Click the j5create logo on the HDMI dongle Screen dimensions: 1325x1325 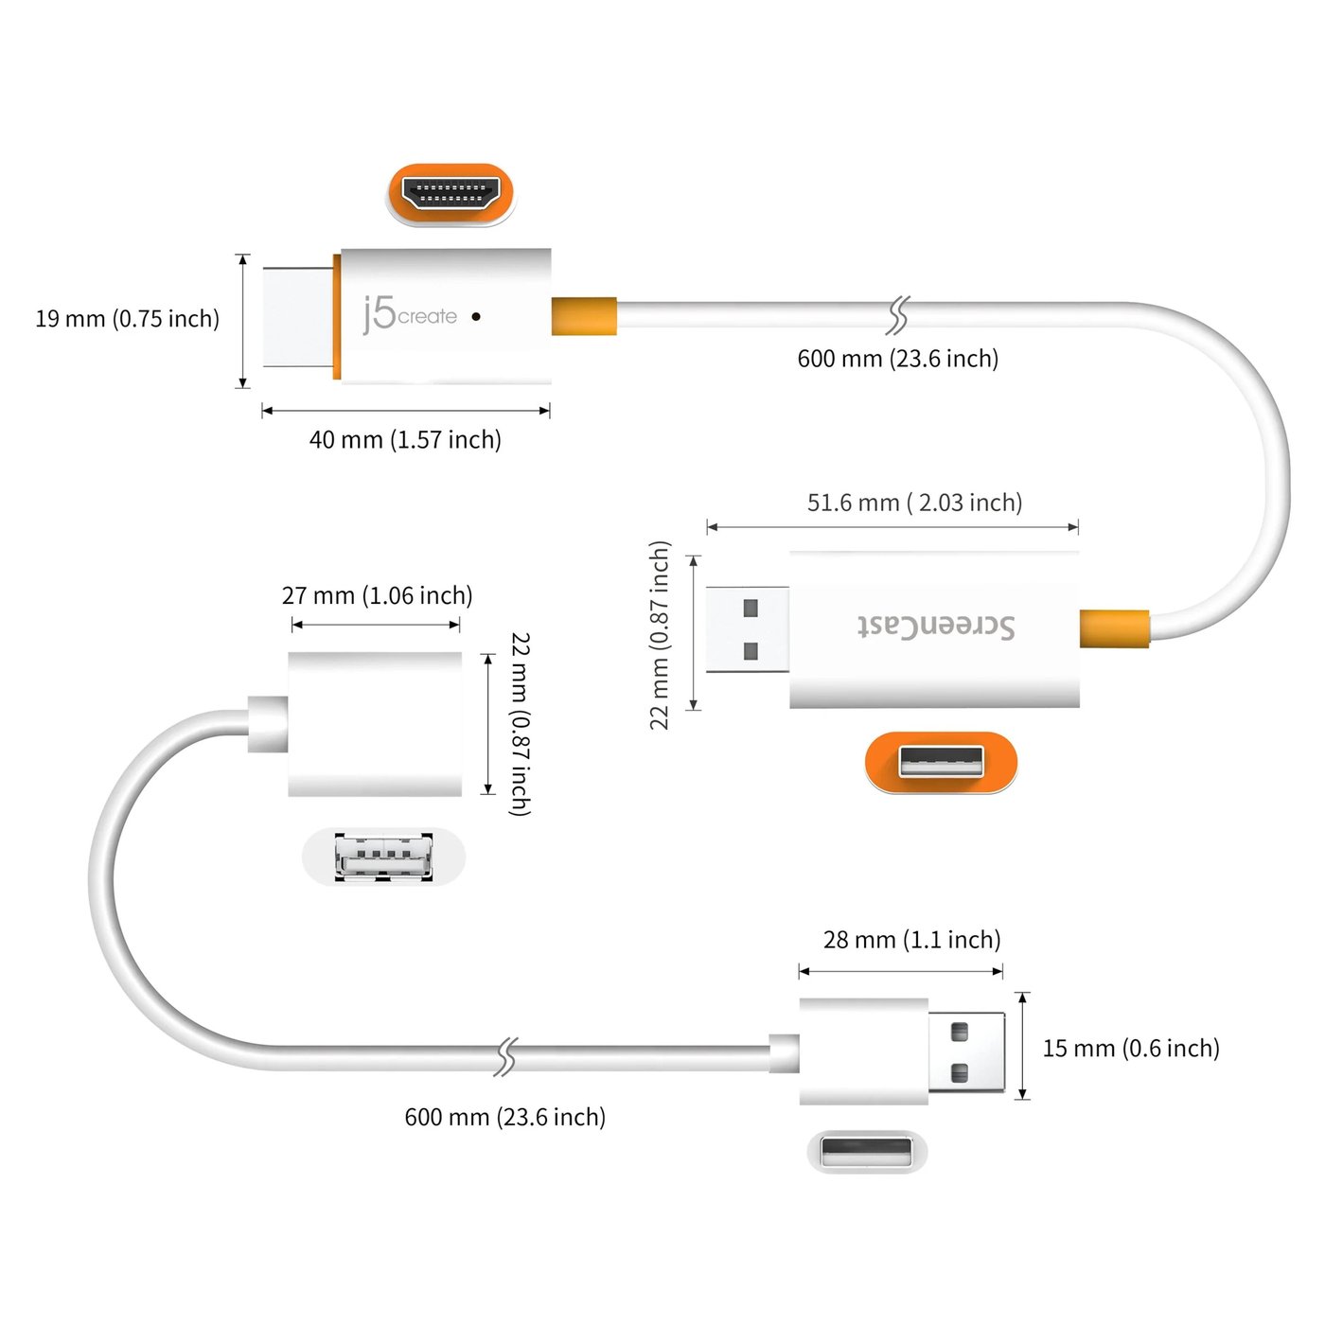click(x=410, y=315)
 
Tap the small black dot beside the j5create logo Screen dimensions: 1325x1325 click(x=476, y=316)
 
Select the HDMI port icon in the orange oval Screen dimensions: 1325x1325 click(x=451, y=194)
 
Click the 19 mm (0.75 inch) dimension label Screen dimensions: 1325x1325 click(x=127, y=319)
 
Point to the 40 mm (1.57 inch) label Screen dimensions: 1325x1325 click(x=405, y=440)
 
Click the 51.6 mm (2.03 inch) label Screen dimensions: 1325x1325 click(x=914, y=503)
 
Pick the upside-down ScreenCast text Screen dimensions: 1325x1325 click(x=935, y=627)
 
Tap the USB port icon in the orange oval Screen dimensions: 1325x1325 click(x=941, y=762)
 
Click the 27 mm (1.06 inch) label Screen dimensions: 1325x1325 click(x=377, y=595)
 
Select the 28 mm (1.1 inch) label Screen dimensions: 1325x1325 click(x=911, y=940)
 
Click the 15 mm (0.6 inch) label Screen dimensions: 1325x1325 click(x=1130, y=1049)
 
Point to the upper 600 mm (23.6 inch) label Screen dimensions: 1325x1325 click(x=897, y=359)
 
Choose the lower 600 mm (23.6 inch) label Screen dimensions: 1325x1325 click(x=504, y=1117)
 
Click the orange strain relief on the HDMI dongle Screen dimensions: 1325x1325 click(x=584, y=316)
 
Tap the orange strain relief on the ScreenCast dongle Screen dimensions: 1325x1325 click(x=1114, y=628)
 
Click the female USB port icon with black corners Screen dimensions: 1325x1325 click(x=383, y=857)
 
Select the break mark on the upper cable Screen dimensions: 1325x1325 click(x=896, y=315)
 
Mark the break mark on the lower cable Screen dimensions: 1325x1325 click(x=506, y=1057)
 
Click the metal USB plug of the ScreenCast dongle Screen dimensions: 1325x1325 click(x=747, y=629)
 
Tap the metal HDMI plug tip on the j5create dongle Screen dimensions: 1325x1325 click(x=298, y=316)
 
